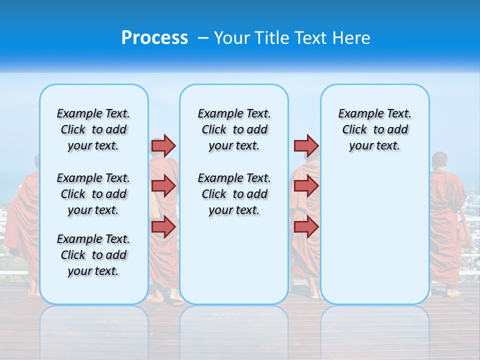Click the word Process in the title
(154, 37)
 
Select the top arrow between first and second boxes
(163, 145)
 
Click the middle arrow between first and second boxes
(163, 186)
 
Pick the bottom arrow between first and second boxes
(163, 226)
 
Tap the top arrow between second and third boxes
(306, 145)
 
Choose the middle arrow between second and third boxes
(306, 186)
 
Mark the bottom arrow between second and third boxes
(306, 226)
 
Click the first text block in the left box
(93, 129)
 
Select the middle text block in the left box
(93, 194)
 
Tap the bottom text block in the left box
(93, 255)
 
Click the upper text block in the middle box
(234, 129)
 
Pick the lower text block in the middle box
(234, 194)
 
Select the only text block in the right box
(374, 129)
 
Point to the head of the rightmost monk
(439, 160)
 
